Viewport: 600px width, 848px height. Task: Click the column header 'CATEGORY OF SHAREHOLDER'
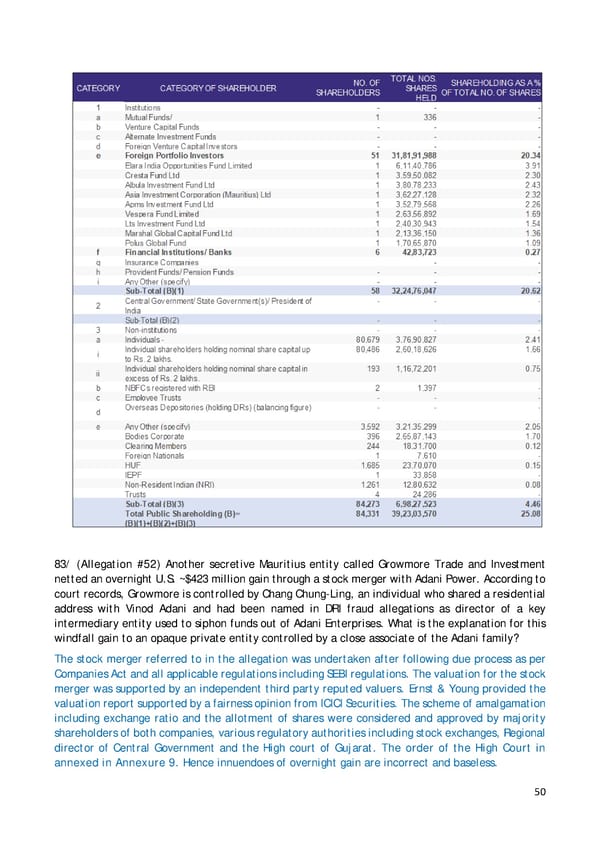[x=218, y=88]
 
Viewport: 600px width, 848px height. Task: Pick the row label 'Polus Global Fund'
[x=157, y=242]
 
